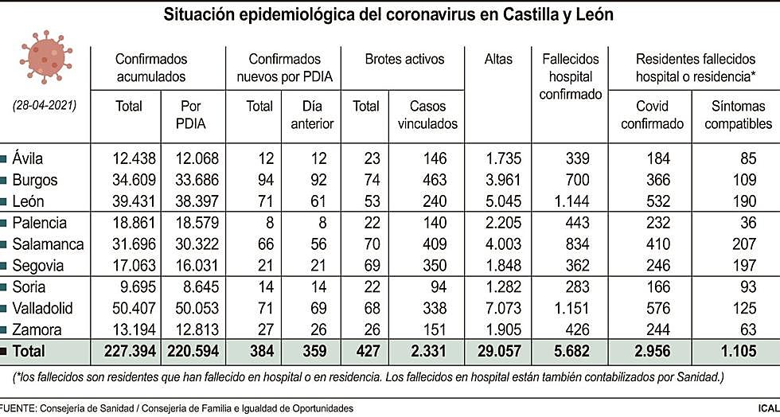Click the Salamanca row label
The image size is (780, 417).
[44, 244]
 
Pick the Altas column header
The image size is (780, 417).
[498, 59]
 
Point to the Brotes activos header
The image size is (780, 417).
[404, 59]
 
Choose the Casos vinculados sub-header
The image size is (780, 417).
[434, 115]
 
